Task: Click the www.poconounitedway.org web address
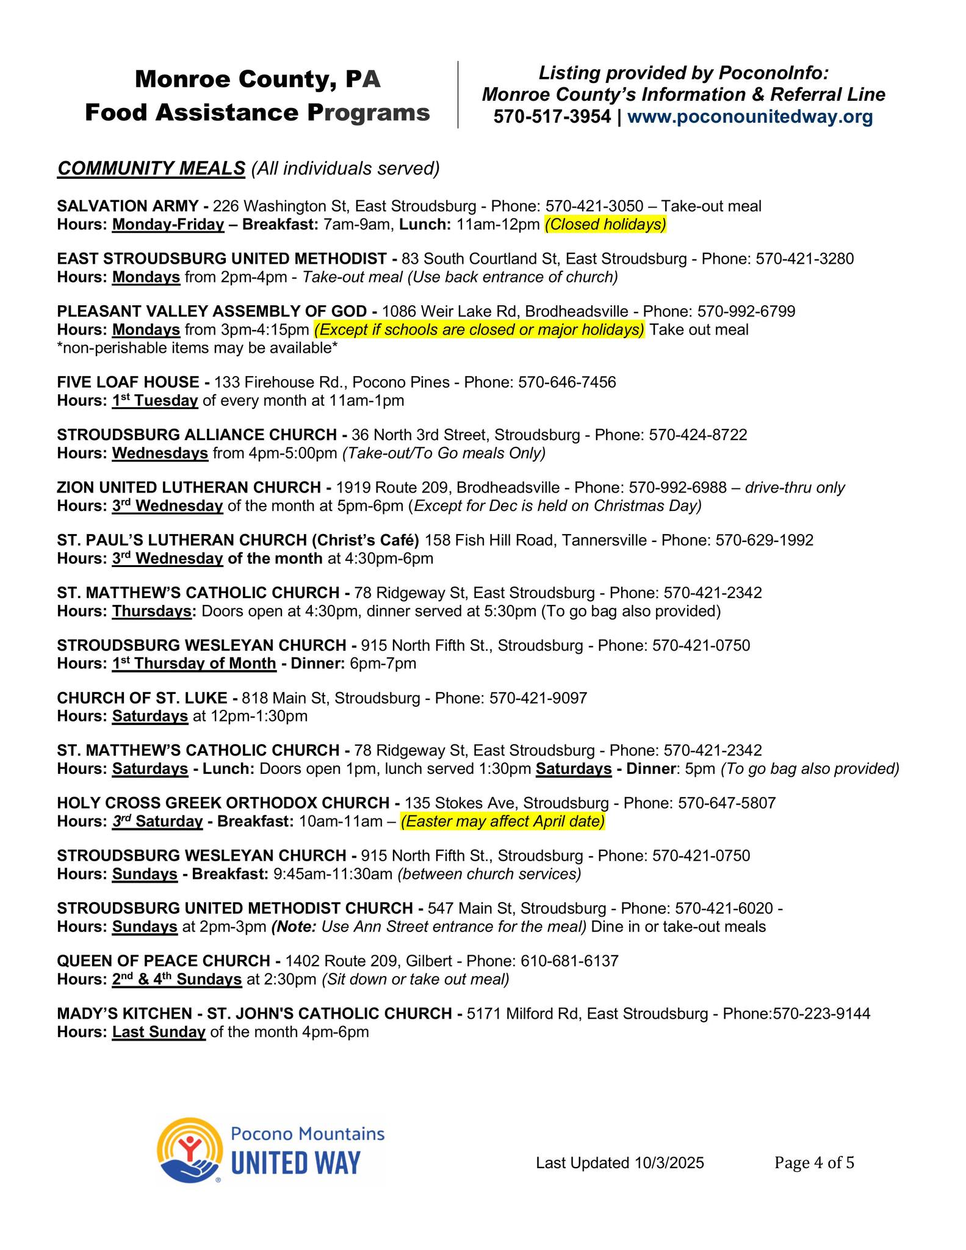[x=749, y=117]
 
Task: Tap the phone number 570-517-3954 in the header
[x=552, y=117]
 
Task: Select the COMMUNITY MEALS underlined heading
[x=151, y=168]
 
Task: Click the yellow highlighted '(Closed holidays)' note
[x=605, y=225]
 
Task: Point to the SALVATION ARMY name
[x=129, y=206]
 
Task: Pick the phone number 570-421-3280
[x=804, y=259]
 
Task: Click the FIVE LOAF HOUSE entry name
[x=128, y=383]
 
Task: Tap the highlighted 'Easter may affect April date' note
[x=502, y=822]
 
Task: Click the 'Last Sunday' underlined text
[x=159, y=1032]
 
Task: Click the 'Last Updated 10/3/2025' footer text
[x=619, y=1163]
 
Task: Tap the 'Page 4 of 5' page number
[x=814, y=1163]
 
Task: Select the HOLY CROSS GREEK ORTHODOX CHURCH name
[x=223, y=803]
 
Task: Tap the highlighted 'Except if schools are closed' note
[x=479, y=330]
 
